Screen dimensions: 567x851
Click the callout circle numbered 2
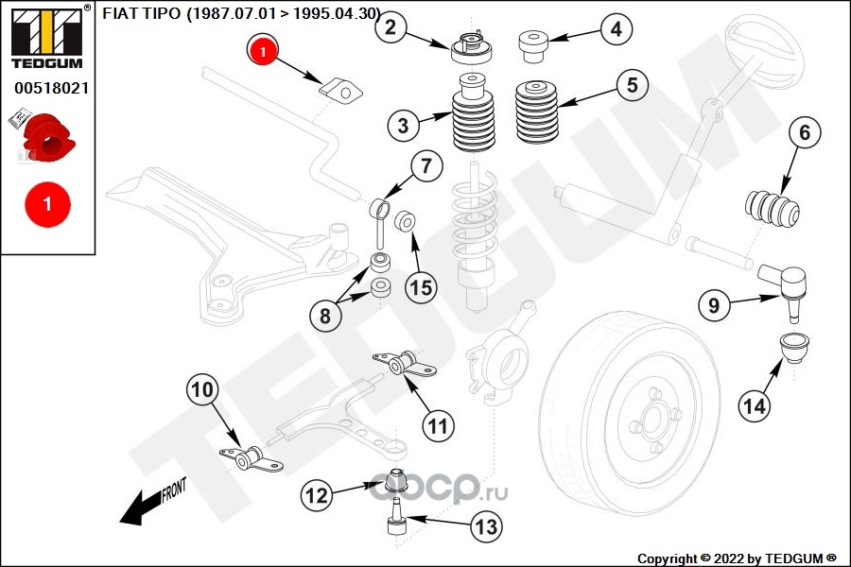point(391,28)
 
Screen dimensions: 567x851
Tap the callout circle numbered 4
point(616,29)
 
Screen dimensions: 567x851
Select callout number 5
point(633,84)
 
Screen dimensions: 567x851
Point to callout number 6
point(805,133)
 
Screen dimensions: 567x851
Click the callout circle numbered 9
point(714,304)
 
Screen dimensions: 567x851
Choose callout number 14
point(754,406)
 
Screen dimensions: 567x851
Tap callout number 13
point(486,526)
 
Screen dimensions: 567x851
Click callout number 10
point(204,388)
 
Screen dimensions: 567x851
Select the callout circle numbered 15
point(422,285)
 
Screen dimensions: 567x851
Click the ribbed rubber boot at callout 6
point(773,209)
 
